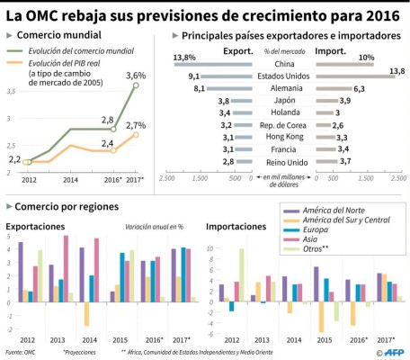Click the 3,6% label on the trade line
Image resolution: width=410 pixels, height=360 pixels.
point(137,75)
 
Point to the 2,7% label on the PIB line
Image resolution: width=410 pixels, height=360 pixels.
point(137,125)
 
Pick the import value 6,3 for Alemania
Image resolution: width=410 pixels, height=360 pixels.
point(358,89)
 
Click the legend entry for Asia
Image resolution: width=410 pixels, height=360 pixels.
point(312,239)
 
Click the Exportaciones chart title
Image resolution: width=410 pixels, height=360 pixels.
point(35,226)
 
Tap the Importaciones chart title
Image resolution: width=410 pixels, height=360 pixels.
point(235,226)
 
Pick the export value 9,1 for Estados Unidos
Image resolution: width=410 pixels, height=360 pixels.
point(193,76)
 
